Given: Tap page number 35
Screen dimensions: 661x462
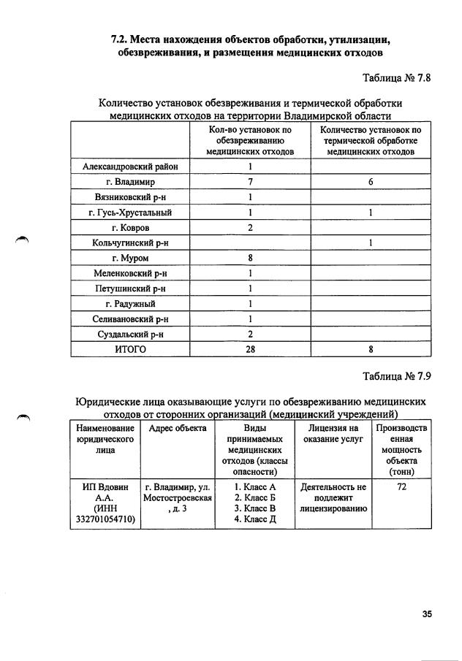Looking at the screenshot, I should (x=427, y=614).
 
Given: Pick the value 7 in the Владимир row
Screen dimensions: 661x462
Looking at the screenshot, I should (x=250, y=182).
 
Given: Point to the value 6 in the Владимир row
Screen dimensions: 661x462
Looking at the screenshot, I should (x=371, y=182).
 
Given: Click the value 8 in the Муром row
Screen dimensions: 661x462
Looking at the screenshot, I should (x=250, y=259).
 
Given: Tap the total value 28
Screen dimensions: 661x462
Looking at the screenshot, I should (x=250, y=350).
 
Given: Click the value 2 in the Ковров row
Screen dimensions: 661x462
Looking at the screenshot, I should (x=250, y=228).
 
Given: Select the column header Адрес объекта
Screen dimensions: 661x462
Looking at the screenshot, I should (x=178, y=428).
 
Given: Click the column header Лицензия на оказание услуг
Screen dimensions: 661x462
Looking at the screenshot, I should (x=333, y=433).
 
